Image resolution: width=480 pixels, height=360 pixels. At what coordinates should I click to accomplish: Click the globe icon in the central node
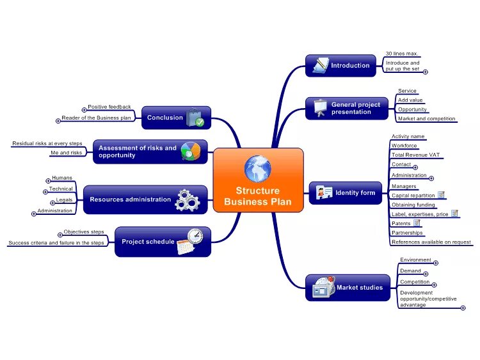pos(258,168)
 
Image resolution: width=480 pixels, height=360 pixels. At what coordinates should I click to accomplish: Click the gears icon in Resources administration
pos(188,200)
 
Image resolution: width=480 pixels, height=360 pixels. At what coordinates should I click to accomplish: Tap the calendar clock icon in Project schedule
pos(190,240)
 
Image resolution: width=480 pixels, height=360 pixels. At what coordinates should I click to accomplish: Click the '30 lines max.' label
pos(402,54)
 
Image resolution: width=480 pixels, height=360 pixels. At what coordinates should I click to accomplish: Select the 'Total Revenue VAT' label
pos(415,155)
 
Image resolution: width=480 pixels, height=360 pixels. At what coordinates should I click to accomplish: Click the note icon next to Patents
pos(417,223)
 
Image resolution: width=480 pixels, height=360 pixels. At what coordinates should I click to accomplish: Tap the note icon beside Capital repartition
pos(441,194)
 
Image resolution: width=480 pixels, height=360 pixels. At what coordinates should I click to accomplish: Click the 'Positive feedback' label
pos(109,107)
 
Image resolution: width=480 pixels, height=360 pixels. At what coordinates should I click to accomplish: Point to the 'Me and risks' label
pos(67,153)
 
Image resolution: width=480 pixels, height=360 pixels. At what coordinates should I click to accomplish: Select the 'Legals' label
pos(64,200)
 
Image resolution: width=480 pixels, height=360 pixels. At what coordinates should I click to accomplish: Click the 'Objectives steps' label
pos(84,231)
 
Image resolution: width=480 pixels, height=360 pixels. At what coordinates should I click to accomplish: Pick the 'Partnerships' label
pos(407,233)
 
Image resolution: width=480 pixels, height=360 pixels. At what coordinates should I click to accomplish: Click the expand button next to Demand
pos(426,274)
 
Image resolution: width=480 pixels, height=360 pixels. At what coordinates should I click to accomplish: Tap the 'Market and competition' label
pos(426,118)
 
